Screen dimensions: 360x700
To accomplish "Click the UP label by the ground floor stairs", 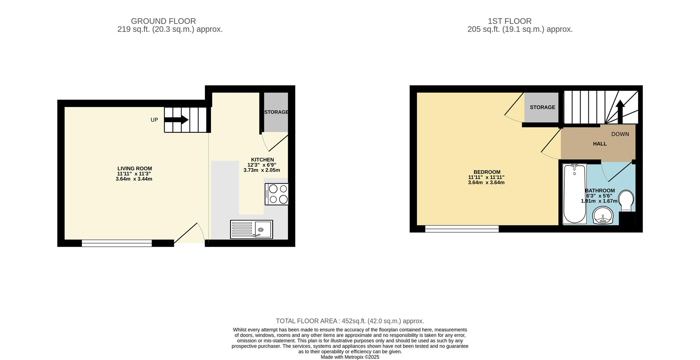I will [154, 120].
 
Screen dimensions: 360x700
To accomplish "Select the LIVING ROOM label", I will [135, 169].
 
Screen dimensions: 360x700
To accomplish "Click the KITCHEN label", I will [262, 159].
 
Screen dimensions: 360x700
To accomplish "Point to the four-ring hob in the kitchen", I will [277, 194].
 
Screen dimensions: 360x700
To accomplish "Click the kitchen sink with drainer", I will [251, 229].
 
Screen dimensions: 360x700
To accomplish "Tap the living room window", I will [117, 243].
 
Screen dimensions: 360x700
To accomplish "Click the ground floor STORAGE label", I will [276, 112].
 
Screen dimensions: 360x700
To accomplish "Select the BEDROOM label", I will [487, 172].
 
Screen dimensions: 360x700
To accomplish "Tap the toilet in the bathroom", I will [627, 200].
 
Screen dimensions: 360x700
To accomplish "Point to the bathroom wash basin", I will [603, 216].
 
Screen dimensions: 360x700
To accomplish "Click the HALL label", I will [600, 144].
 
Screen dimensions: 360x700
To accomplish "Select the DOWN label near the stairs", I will [620, 134].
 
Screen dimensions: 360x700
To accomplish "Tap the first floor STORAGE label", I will [542, 107].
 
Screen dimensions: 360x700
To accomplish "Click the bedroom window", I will [462, 229].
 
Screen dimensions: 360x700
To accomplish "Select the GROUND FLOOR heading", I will [163, 21].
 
